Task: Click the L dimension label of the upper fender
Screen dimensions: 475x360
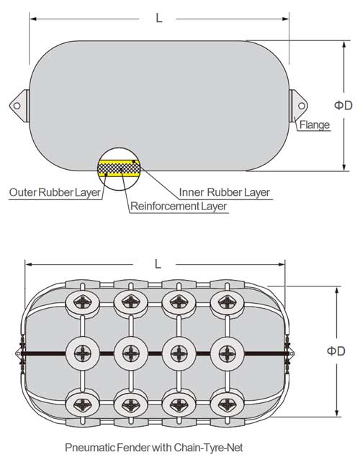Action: (x=158, y=17)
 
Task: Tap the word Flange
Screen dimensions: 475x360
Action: (x=315, y=125)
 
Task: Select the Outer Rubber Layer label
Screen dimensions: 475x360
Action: (x=54, y=192)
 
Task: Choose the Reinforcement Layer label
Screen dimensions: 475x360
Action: (x=179, y=207)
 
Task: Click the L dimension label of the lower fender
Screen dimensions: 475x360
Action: (x=157, y=264)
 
